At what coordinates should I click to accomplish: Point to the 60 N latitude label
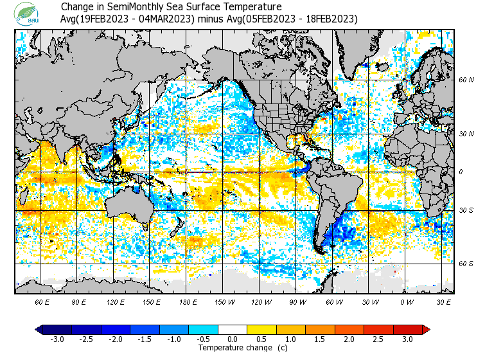466,80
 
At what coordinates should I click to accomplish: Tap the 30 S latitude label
466,210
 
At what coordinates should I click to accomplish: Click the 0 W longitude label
407,301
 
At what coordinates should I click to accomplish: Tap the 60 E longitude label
42,301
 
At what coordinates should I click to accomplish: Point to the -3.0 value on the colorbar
57,339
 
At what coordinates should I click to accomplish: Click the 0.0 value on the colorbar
232,339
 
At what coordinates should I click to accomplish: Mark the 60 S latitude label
466,263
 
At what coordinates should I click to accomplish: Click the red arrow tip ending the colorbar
426,330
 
